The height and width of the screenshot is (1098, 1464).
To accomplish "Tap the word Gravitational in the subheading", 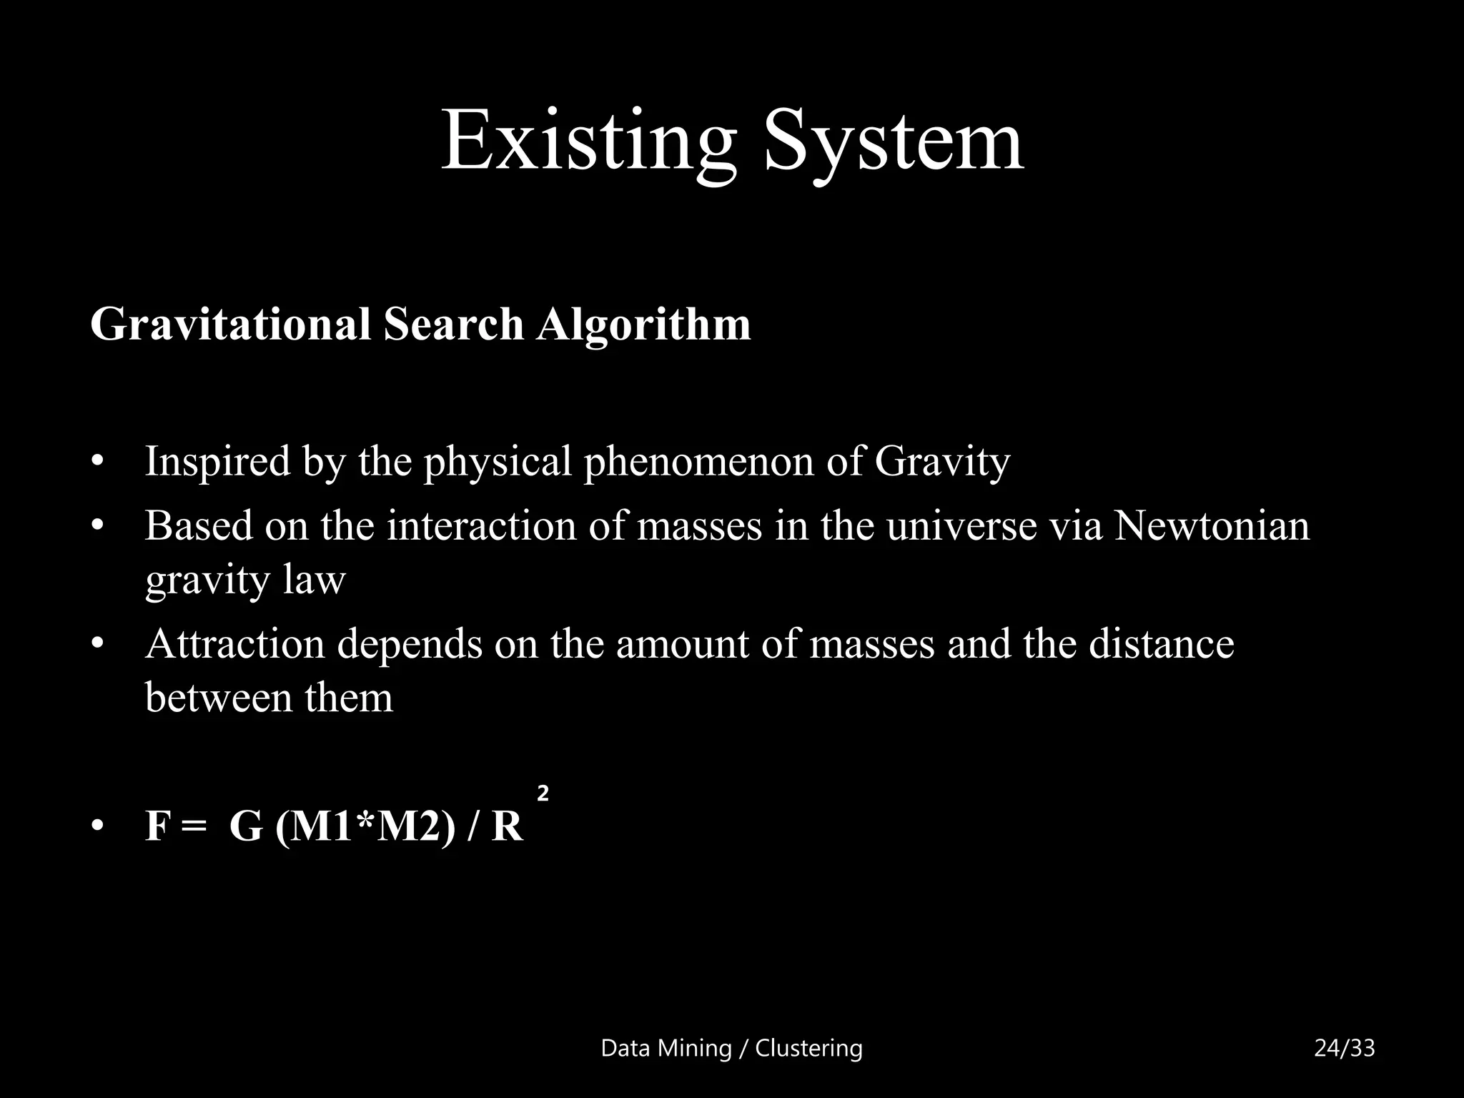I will [x=231, y=324].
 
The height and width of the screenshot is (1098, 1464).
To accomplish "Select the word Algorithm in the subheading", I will [x=644, y=324].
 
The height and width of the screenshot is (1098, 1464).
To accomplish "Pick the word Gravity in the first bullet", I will [x=942, y=461].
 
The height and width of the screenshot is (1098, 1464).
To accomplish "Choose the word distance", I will [x=1162, y=643].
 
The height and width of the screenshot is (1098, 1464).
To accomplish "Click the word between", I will [x=219, y=697].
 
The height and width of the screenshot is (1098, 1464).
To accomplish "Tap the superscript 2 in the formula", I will [x=543, y=793].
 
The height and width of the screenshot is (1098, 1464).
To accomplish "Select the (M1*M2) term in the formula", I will [x=365, y=826].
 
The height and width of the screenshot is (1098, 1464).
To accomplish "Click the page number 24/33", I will [x=1345, y=1048].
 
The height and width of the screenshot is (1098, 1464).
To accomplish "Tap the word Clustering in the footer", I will [x=808, y=1048].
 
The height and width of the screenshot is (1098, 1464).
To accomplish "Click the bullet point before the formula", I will [x=98, y=828].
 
